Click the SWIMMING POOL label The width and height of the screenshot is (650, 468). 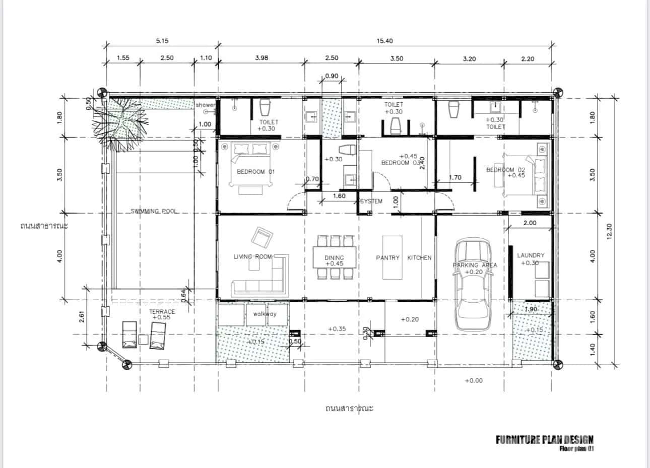point(154,211)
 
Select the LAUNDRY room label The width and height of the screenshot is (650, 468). point(531,255)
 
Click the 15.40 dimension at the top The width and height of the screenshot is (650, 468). point(384,41)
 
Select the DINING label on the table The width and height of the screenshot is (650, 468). point(334,258)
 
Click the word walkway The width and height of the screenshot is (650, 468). point(265,314)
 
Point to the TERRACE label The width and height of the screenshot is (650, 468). point(162,312)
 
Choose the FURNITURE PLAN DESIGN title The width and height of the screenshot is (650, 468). point(544,440)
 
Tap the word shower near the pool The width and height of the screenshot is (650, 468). point(206,105)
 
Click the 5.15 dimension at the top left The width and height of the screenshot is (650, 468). point(162,41)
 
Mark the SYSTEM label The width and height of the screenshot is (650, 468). point(371,201)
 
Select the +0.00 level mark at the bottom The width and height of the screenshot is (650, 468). point(474,380)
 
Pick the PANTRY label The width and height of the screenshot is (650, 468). point(387,258)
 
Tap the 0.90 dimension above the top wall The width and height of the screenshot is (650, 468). point(332,76)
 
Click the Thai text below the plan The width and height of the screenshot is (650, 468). point(349,408)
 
